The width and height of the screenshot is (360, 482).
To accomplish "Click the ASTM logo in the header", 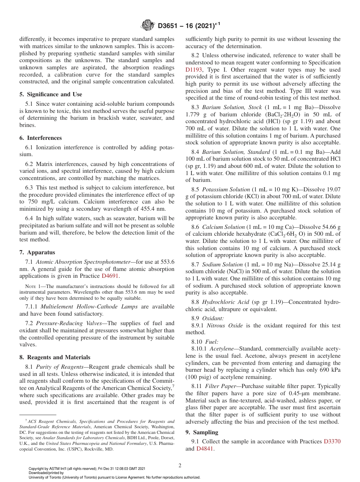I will tap(148, 25).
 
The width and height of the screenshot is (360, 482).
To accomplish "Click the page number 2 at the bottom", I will tap(180, 465).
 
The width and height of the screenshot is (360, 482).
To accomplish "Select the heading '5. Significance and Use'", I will tap(51, 94).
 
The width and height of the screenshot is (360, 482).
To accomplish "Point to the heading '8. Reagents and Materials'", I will tap(55, 357).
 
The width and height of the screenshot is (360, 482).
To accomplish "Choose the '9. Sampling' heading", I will tap(202, 432).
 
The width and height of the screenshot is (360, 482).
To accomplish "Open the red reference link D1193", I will tap(194, 70).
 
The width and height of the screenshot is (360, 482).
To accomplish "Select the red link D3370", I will tap(332, 441).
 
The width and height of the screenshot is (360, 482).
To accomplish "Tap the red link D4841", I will tap(205, 449).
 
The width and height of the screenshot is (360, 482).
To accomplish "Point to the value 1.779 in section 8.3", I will tap(193, 114).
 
